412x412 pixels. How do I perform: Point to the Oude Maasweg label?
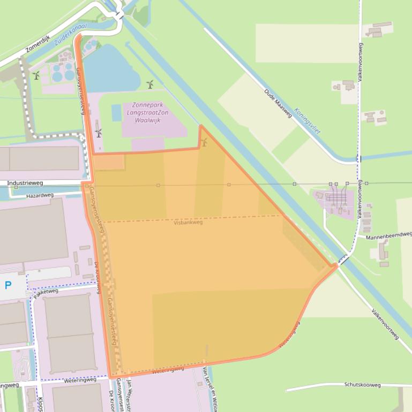click(x=278, y=103)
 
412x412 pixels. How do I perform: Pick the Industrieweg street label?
click(x=25, y=183)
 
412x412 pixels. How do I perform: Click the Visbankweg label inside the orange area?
click(x=188, y=222)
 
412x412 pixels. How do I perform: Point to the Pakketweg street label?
click(x=46, y=292)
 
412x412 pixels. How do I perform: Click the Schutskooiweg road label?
click(x=362, y=385)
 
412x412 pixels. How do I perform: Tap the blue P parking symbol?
click(x=8, y=285)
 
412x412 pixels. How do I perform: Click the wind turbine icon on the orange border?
click(x=204, y=142)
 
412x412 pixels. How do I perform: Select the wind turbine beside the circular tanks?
click(x=36, y=75)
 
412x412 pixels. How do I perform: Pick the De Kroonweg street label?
click(x=97, y=278)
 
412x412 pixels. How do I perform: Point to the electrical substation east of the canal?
click(x=337, y=199)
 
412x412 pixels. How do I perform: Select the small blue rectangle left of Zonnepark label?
click(x=116, y=112)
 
